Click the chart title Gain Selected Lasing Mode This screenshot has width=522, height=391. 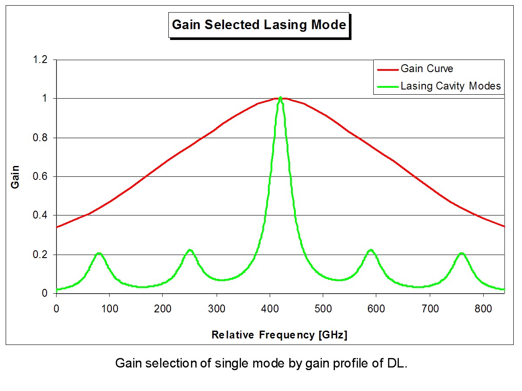tap(259, 25)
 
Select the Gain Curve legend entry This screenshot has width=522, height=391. tap(427, 69)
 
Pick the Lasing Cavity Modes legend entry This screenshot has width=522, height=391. tap(451, 86)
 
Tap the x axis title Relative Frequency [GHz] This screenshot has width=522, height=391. tap(279, 335)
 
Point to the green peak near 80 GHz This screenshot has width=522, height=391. tap(99, 253)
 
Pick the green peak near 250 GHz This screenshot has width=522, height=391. tap(190, 250)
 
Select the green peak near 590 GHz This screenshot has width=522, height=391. tap(371, 250)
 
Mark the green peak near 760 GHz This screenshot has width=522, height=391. tap(462, 253)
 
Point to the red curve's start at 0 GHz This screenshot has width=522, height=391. tap(57, 227)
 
